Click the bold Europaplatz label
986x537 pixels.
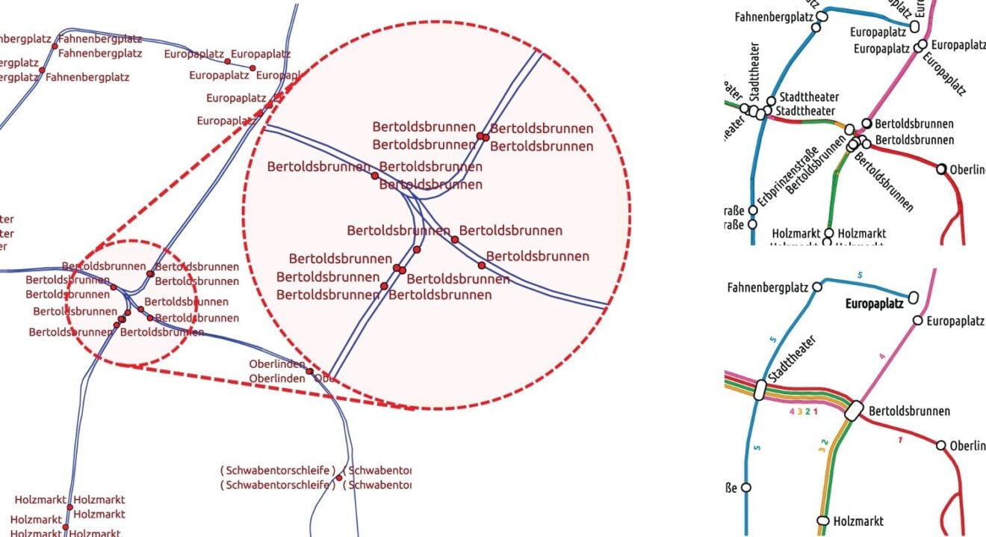click(874, 304)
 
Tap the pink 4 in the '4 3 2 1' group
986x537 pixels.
click(792, 411)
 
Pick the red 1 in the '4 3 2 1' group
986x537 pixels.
click(816, 411)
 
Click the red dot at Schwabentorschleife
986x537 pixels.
click(338, 477)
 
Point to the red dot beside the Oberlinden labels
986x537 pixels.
click(309, 371)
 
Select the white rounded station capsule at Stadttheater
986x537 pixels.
click(760, 390)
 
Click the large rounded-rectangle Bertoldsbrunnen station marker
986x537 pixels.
click(854, 410)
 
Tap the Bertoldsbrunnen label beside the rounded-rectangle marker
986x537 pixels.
click(909, 411)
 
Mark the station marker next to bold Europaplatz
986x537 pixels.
click(912, 300)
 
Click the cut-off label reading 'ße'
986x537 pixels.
click(732, 488)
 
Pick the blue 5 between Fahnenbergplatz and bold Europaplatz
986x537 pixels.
click(860, 276)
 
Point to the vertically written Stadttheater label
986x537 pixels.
click(754, 82)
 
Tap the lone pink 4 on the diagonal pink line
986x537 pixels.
click(882, 357)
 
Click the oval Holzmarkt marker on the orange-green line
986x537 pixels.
click(823, 521)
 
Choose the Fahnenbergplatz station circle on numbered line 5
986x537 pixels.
click(817, 286)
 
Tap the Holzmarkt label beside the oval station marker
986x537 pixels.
click(858, 521)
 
